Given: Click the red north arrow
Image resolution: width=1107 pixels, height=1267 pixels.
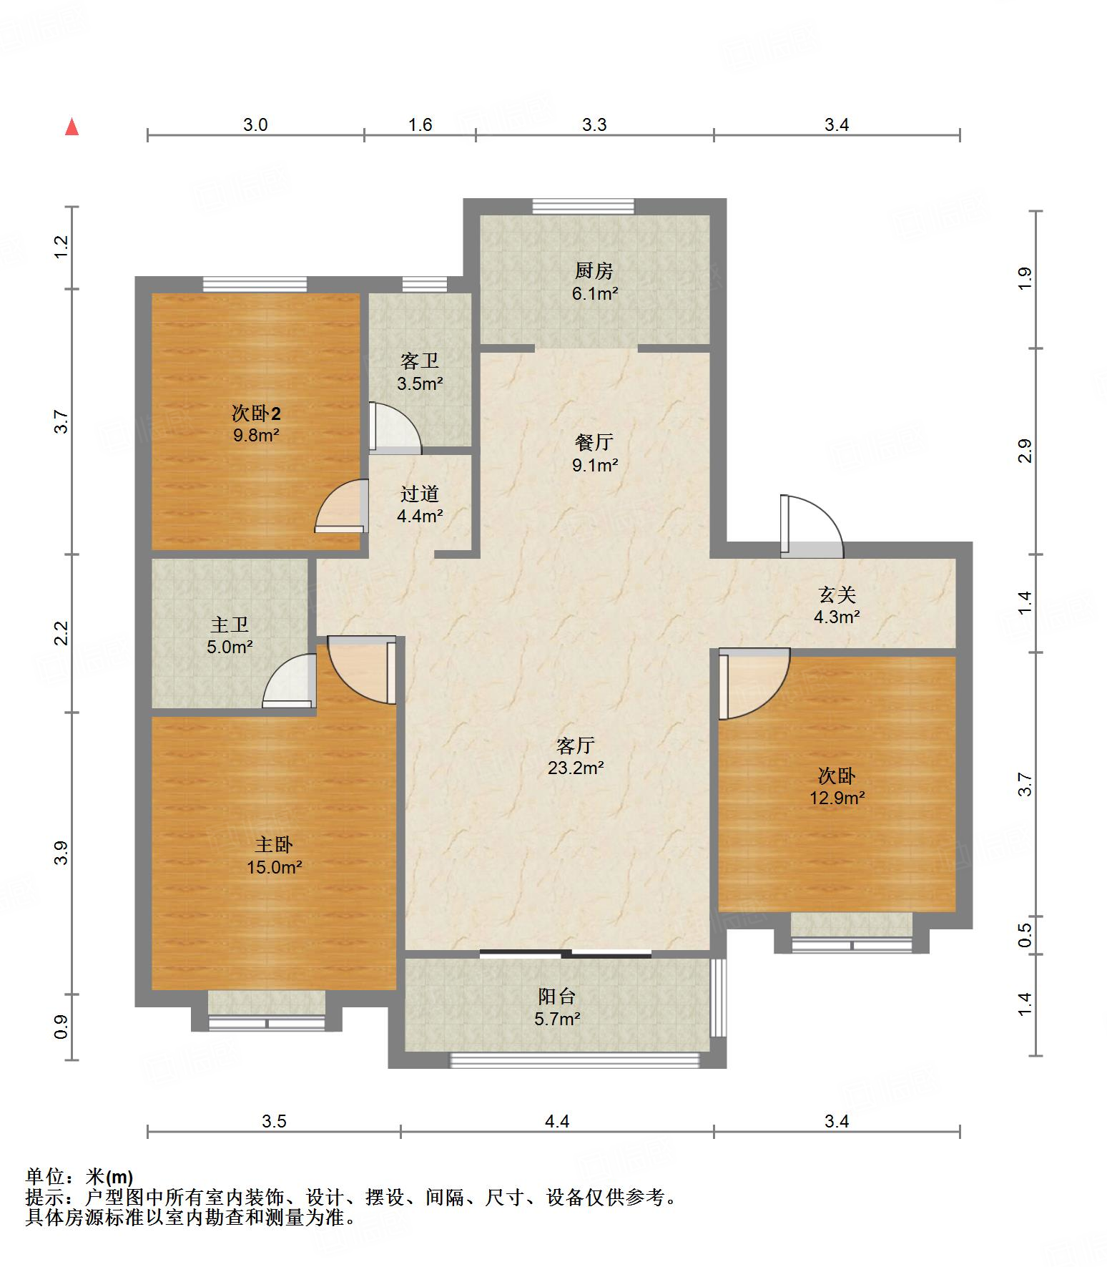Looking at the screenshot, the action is [72, 127].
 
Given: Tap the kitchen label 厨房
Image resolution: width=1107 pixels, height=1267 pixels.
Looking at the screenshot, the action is [594, 271].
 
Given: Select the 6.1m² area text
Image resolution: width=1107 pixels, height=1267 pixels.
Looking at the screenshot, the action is [595, 293].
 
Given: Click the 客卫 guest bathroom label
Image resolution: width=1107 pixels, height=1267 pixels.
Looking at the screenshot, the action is [420, 361].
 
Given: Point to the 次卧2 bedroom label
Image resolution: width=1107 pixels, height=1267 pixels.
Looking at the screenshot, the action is [256, 413].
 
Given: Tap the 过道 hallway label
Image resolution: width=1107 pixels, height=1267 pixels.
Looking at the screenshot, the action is [420, 494].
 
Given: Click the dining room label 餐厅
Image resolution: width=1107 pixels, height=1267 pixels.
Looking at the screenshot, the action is [594, 442].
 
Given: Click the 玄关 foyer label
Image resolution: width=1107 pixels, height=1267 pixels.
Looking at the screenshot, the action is [837, 595].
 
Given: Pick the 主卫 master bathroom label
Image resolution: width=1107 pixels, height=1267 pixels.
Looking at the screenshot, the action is [230, 625].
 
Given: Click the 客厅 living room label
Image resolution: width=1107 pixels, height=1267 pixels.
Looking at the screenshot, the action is [576, 746].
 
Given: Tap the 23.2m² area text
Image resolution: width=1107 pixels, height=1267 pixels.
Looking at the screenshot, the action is [576, 768].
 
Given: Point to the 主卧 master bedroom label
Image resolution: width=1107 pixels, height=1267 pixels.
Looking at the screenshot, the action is [274, 845].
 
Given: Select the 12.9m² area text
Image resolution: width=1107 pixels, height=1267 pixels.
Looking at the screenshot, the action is [837, 798].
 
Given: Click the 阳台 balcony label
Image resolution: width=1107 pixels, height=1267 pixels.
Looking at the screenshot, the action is [557, 997].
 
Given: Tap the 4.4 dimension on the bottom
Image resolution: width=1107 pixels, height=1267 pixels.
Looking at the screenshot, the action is [557, 1121].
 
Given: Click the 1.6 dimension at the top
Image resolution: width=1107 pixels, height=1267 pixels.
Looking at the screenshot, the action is [420, 124].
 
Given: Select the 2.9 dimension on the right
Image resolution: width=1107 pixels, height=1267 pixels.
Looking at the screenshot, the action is [1025, 451].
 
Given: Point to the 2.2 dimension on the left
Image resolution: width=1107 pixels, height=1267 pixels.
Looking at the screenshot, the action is [62, 633].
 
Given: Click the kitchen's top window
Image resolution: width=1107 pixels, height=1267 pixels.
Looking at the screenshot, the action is [584, 206].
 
